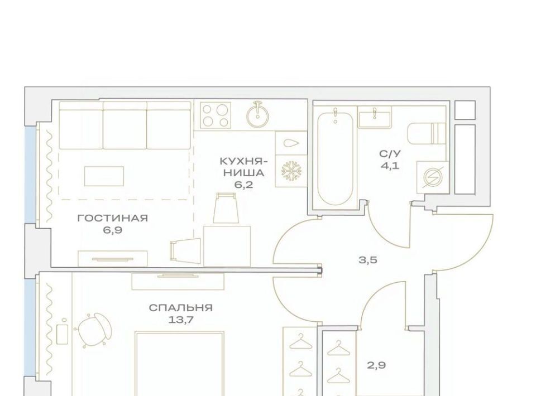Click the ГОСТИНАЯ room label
coord(112,218)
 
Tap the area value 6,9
coord(112,230)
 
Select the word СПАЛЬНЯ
coord(180,308)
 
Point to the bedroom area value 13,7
coord(180,320)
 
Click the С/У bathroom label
coord(390,154)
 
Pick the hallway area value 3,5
coord(368,260)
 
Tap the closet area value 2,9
coord(376,366)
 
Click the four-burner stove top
coord(215,116)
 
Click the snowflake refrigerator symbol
coord(290,171)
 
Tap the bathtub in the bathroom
coord(336,159)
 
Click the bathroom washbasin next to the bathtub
coord(375,118)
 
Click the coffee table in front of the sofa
coord(104,176)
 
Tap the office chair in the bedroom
coord(94,330)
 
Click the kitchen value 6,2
coord(244,185)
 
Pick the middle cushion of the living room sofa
coord(125,125)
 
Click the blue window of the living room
coord(30,175)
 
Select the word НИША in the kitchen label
coord(244,173)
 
